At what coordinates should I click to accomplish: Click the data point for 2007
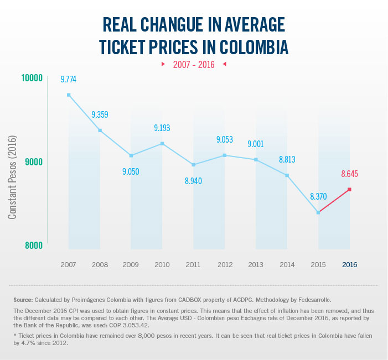(69, 95)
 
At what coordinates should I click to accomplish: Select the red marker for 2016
(349, 190)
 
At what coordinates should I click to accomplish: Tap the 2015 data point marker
(318, 212)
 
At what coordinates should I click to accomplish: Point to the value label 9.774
(69, 80)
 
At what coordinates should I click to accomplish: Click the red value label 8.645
(350, 174)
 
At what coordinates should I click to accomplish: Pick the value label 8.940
(194, 180)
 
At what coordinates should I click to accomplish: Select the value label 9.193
(162, 128)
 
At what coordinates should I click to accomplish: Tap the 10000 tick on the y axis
(32, 78)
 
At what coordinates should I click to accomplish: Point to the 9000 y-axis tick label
(33, 162)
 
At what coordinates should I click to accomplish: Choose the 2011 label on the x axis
(193, 265)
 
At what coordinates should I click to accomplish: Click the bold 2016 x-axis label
(349, 265)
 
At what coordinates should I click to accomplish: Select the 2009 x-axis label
(131, 265)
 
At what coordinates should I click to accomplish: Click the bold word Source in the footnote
(24, 299)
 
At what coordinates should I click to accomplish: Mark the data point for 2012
(225, 155)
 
